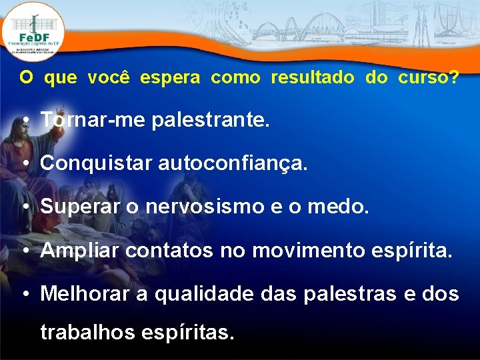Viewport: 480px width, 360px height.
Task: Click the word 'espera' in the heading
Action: pos(169,77)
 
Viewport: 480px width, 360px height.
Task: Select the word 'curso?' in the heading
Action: pos(428,77)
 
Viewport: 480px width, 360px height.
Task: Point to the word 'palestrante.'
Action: pos(211,121)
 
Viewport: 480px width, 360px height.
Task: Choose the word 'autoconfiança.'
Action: pos(233,163)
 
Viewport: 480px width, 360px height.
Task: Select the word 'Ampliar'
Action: pos(80,251)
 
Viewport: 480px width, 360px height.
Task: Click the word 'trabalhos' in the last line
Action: pos(91,331)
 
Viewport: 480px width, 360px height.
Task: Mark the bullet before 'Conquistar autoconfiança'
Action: pos(23,163)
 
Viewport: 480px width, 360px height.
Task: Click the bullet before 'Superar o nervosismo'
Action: pos(23,207)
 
